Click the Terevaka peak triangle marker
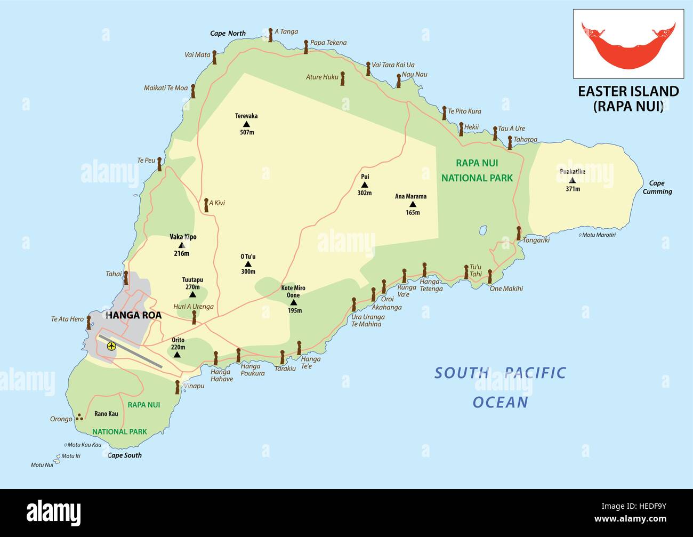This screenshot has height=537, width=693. pos(246,124)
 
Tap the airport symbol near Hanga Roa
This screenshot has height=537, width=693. pos(111,346)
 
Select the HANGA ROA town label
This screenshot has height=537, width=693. pos(134,315)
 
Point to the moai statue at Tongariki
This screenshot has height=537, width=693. pos(518,233)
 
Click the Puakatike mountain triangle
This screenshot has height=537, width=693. pos(572,180)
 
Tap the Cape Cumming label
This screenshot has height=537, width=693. pos(657,187)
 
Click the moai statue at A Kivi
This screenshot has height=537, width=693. pos(206,205)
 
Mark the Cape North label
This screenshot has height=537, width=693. pos(228,34)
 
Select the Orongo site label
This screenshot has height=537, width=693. pos(61,419)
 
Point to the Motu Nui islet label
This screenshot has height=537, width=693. pos(42,465)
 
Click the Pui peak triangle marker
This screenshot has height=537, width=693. pos(365,185)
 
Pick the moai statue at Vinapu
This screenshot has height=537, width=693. pos(178,387)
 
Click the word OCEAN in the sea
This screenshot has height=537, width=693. pos(500,402)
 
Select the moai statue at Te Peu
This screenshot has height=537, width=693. pos(159,164)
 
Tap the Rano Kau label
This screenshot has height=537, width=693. pos(106,413)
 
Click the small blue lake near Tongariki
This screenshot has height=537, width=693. pos(482,230)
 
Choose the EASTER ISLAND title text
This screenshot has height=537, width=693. pos(628,91)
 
